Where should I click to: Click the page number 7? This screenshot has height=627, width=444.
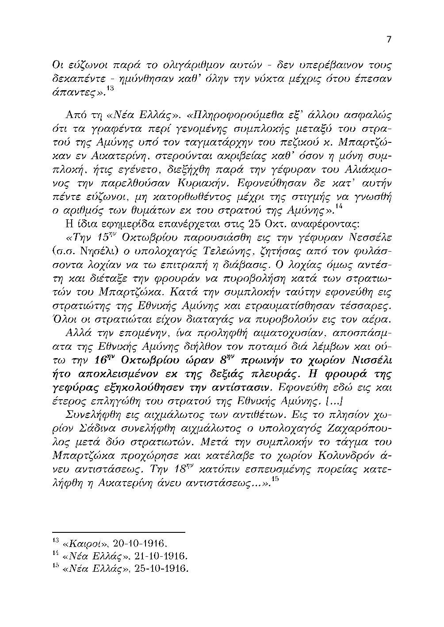coord(389,39)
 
